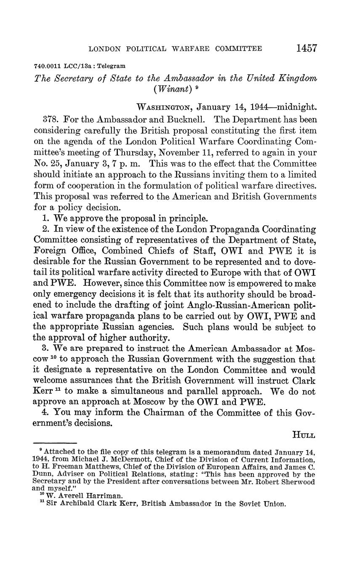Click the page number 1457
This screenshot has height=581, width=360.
coord(307,48)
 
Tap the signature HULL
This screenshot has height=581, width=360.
coord(304,434)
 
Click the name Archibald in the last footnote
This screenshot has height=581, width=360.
coord(73,504)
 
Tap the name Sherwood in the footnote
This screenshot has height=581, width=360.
coord(295,482)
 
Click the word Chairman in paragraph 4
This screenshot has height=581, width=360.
coord(159,413)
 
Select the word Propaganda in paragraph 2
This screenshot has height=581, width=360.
coord(233,229)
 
